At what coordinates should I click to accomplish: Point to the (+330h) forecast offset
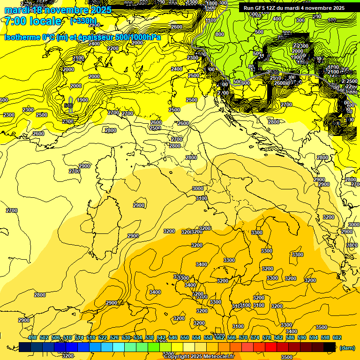(83, 21)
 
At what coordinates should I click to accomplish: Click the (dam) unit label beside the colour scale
(346, 347)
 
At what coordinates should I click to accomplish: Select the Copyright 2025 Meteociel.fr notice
(199, 356)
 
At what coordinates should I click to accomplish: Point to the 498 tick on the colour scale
(32, 337)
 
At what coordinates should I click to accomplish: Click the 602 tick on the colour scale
(337, 337)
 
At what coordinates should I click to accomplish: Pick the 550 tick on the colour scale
(185, 337)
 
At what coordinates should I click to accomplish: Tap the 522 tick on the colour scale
(103, 337)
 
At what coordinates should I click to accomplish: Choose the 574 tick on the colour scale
(255, 337)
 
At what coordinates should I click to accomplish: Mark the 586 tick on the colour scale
(290, 337)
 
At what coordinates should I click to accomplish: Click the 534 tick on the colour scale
(138, 337)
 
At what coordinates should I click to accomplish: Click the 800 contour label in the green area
(219, 34)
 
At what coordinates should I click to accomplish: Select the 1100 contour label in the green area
(211, 20)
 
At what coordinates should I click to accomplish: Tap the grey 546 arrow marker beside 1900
(69, 104)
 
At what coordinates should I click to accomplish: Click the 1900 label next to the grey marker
(82, 100)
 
